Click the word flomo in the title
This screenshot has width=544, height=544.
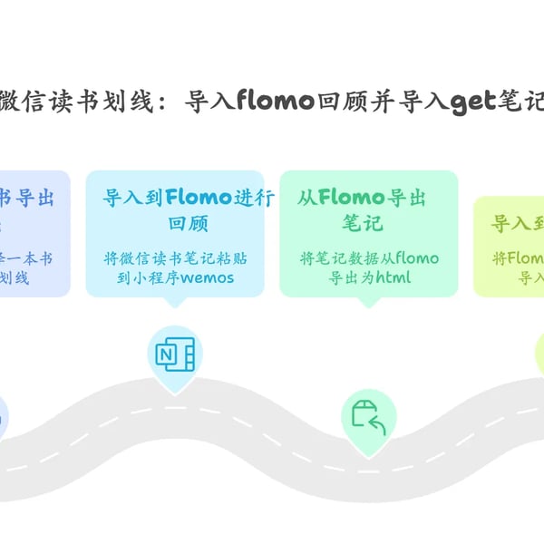point(276,101)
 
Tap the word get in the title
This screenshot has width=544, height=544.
point(474,101)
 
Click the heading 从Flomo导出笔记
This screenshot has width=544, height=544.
point(363,209)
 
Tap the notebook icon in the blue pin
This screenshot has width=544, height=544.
point(175,355)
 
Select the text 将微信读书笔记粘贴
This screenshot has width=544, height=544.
point(175,258)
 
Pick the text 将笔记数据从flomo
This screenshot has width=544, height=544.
point(369,258)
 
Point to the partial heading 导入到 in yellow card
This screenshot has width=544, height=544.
point(517,223)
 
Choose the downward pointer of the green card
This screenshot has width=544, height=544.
point(369,302)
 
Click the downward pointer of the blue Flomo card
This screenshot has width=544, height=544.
point(175,302)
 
